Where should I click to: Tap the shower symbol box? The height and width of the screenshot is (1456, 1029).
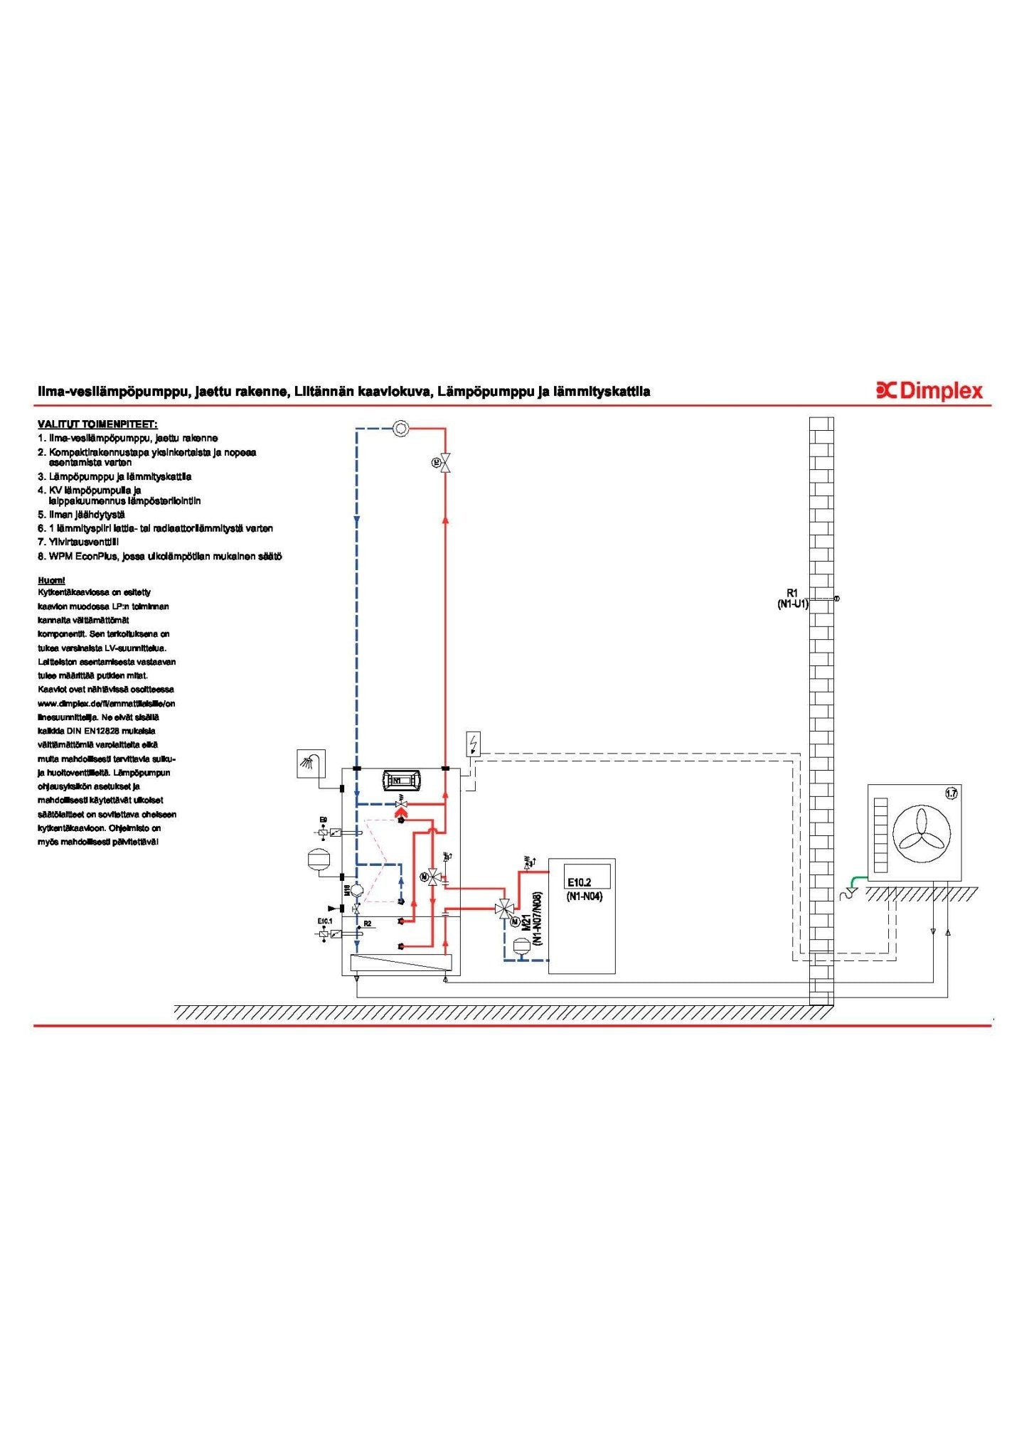point(311,764)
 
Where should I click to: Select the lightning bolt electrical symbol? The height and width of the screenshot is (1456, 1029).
point(473,744)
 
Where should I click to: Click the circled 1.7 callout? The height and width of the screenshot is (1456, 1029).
point(951,793)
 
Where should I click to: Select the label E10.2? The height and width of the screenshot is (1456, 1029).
point(580,882)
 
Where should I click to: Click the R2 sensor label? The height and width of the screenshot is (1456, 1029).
point(368,924)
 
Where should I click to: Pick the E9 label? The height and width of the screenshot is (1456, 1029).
point(324,820)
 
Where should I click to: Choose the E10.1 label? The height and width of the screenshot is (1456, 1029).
point(324,921)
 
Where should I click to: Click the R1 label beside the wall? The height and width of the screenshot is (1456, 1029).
point(792,593)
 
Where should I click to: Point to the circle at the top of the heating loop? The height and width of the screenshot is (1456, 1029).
point(400,429)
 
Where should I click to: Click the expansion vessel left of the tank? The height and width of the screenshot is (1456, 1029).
point(316,859)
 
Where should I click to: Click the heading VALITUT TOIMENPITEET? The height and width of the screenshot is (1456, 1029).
point(97,424)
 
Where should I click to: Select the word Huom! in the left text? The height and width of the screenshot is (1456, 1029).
point(51,580)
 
